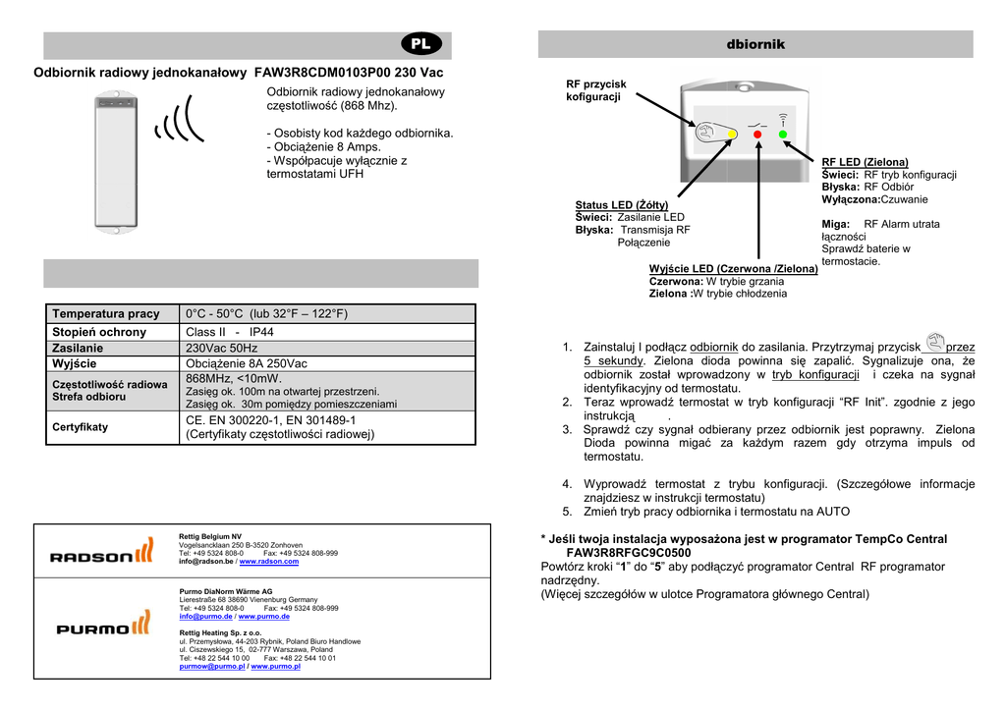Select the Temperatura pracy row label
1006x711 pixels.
coord(105,314)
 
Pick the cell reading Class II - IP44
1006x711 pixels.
coord(230,332)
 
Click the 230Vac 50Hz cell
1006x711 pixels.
coord(222,348)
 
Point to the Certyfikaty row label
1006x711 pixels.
coord(81,427)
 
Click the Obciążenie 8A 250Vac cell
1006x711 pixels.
coord(247,363)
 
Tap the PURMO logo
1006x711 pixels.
coord(102,627)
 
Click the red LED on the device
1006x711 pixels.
coord(757,134)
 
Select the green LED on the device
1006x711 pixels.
coord(783,134)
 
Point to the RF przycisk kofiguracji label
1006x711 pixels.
coord(595,91)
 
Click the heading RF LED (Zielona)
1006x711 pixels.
coord(865,162)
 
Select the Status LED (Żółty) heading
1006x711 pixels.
coord(621,204)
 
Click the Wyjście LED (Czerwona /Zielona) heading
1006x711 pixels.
coord(733,268)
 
